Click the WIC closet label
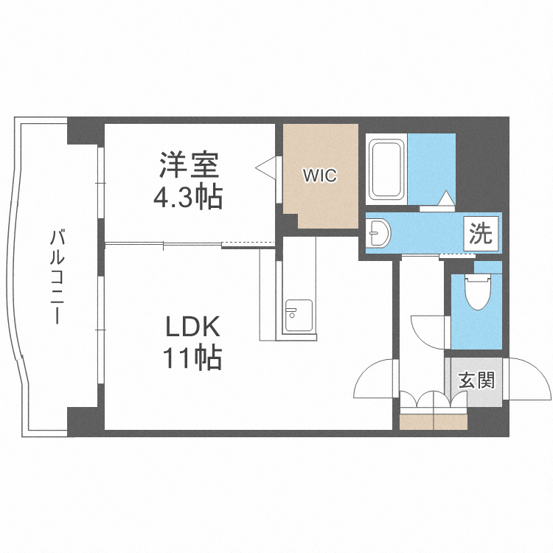[x=320, y=175]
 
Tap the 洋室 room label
[x=189, y=164]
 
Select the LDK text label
[x=193, y=327]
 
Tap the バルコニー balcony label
[x=57, y=276]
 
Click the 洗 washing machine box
[x=481, y=234]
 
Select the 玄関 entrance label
[x=477, y=380]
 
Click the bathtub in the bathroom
[x=386, y=169]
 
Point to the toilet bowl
[x=478, y=293]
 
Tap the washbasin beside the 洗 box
[x=378, y=233]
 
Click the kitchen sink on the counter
[x=299, y=316]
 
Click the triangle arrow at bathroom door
[x=447, y=198]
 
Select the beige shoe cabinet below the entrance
[x=434, y=422]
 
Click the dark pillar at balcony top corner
[x=83, y=131]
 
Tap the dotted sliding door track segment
[x=248, y=243]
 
